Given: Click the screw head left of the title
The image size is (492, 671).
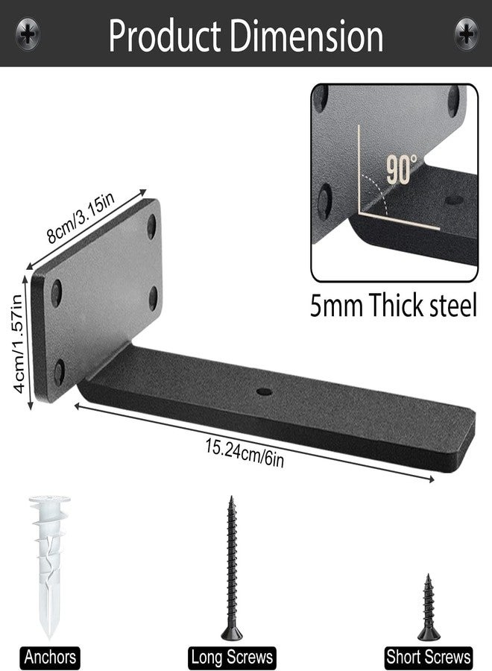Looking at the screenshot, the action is [28, 33].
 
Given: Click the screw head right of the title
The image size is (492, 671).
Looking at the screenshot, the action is [466, 33].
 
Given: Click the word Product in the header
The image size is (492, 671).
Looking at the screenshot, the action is [164, 36].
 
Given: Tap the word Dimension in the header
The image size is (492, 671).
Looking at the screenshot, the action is [306, 36].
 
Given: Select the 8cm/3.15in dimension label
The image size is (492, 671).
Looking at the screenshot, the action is [81, 218].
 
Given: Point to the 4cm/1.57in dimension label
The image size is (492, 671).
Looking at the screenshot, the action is [18, 344].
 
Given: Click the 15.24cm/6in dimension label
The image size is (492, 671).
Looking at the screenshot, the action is [245, 453].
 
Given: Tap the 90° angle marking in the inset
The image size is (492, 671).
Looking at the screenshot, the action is [401, 169].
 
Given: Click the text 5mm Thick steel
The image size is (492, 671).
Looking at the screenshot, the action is [393, 305].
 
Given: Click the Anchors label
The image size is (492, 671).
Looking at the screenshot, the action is [50, 656].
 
